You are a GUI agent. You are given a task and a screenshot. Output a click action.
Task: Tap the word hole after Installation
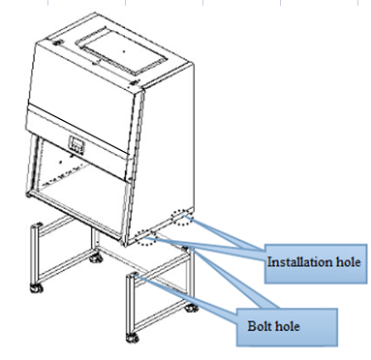coord(348,261)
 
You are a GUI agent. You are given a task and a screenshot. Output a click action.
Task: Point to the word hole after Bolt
coord(287,326)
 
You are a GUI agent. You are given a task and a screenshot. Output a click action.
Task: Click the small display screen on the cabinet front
coord(77,143)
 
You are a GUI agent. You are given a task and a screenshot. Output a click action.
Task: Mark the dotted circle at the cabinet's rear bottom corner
coord(182,217)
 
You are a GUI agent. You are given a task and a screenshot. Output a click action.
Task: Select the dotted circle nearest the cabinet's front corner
coord(146,237)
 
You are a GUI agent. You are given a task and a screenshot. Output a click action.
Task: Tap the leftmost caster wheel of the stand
coord(36,288)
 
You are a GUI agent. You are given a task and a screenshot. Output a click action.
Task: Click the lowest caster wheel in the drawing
coord(132,338)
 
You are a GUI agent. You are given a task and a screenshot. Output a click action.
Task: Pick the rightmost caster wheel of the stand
coord(192,308)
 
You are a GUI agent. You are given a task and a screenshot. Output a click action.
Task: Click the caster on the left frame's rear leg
coord(96,258)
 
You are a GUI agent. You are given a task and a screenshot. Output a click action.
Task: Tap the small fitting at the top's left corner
coord(57,43)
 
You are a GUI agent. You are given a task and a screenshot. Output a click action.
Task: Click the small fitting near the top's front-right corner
coord(134,82)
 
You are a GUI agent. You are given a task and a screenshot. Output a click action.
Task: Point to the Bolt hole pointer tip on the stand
coord(135,275)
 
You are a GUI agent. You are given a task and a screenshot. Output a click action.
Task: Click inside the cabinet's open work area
coord(80,187)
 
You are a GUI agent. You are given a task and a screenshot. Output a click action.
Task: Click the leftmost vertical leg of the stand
coord(34,255)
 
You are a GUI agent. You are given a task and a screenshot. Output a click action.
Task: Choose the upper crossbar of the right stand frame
coord(162,263)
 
